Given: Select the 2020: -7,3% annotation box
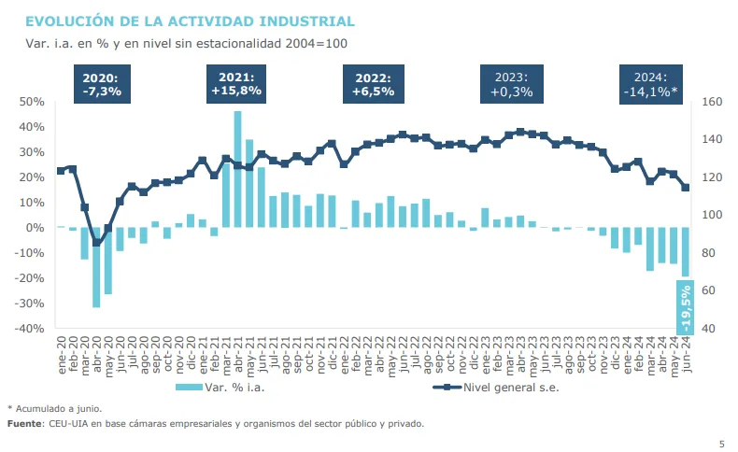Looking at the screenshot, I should tap(102, 85).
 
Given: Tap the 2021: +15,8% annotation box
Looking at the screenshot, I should tap(236, 85).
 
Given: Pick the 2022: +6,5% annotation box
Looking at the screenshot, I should tap(374, 85).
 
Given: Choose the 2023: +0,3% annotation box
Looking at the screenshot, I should tap(511, 85).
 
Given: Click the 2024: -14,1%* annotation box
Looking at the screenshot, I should tap(650, 85).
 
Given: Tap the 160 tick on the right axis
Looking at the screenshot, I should tap(713, 101).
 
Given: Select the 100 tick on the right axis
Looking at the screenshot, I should tap(713, 215).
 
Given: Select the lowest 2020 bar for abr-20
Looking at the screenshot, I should tap(96, 267).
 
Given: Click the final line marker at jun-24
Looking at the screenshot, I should tap(686, 187).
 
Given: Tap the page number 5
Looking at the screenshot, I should tap(721, 443).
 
